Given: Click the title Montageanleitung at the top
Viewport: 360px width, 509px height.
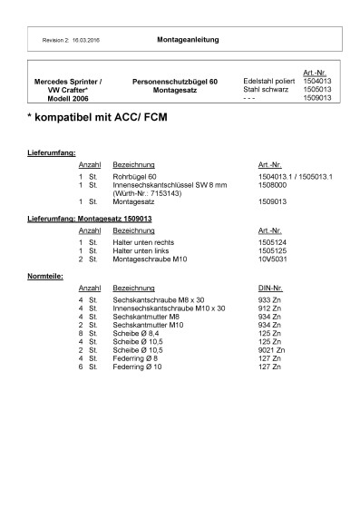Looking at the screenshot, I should click(x=187, y=41).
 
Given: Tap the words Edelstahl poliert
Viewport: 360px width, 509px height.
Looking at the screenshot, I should click(x=269, y=81).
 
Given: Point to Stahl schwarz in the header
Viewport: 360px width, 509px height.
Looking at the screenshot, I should click(x=266, y=89).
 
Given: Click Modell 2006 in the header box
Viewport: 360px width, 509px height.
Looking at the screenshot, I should click(x=68, y=97).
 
